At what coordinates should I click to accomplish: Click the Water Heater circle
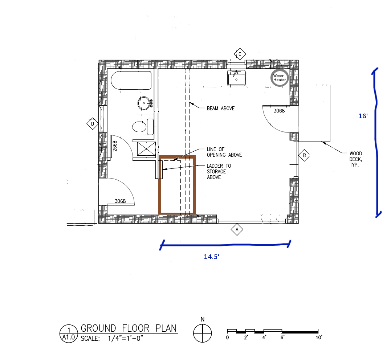point(280,78)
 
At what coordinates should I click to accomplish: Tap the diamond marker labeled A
point(237,230)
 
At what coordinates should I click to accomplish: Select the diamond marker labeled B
point(304,156)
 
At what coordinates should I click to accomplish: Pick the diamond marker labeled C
point(240,55)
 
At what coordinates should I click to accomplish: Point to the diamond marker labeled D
point(93,124)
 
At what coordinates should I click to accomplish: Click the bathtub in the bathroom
point(131,81)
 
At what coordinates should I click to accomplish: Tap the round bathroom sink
point(145,103)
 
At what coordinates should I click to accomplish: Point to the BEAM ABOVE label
point(220,109)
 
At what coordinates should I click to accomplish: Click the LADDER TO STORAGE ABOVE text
point(219,172)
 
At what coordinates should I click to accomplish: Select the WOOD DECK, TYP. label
point(356,159)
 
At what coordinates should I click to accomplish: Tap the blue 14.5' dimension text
point(212,257)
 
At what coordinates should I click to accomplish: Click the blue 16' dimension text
point(363,116)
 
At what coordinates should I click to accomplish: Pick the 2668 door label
point(114,146)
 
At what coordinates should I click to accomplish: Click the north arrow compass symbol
point(203,332)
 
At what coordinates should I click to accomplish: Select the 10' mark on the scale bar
point(319,337)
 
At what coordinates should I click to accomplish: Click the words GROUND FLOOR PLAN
point(129,328)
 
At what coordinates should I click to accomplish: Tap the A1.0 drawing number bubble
point(68,333)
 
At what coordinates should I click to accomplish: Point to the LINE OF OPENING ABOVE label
point(224,152)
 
